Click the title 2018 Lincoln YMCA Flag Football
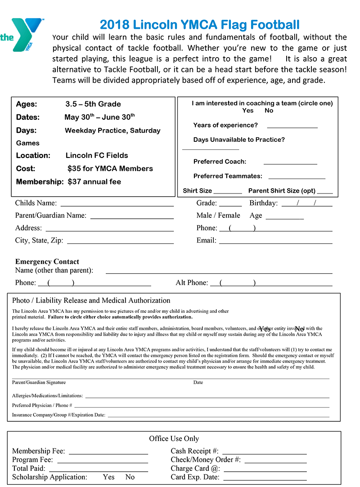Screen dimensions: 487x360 click(199, 24)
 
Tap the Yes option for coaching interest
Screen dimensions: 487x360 click(247, 111)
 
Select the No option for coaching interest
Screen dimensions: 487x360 click(269, 111)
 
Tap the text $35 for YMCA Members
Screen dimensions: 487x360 click(110, 169)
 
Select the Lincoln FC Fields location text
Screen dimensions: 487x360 click(97, 156)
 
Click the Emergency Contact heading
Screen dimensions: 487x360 click(47, 262)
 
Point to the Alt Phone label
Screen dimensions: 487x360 click(192, 283)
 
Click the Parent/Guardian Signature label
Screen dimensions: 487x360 click(39, 383)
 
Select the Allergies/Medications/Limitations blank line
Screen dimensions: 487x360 click(207, 397)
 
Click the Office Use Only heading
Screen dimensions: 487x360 click(174, 438)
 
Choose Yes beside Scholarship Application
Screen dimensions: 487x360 click(108, 477)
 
